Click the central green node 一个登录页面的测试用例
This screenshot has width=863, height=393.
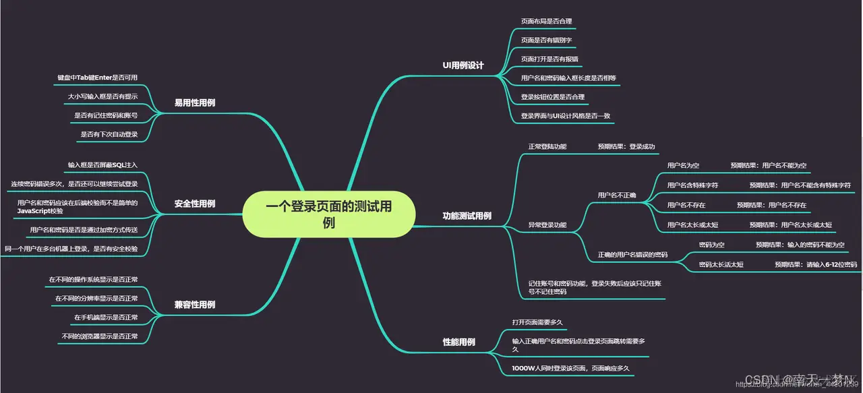tap(328, 214)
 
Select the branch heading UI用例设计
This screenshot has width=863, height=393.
tap(463, 65)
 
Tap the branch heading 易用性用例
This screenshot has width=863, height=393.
tap(195, 103)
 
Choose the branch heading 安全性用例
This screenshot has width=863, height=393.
tap(195, 204)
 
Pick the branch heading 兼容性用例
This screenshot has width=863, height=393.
tap(195, 305)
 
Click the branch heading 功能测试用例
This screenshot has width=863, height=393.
tap(467, 216)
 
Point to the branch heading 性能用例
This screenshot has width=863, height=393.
tap(458, 342)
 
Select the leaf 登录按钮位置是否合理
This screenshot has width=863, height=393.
tap(552, 97)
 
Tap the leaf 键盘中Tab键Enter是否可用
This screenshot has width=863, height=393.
tap(98, 78)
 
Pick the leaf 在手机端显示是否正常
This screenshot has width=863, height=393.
tap(106, 317)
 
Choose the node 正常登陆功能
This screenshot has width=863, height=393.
tap(547, 146)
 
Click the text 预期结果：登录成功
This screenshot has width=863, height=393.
tap(626, 146)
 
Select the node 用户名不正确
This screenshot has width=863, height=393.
tap(617, 195)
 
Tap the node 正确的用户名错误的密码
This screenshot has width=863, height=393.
tap(632, 255)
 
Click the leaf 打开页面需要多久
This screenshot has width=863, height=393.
tap(537, 322)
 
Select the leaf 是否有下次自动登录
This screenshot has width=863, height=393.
tap(109, 134)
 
